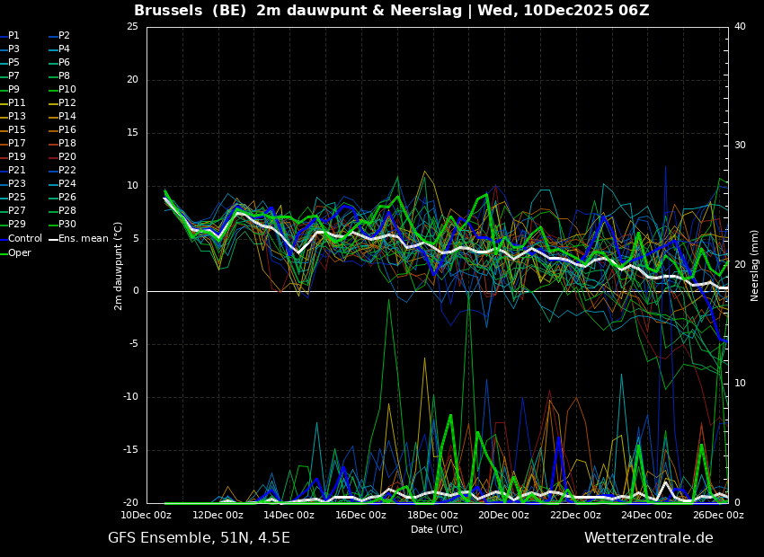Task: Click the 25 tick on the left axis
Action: coord(132,27)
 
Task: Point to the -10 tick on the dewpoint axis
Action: coord(130,397)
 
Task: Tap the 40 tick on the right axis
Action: coord(740,27)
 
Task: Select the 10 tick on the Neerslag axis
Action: coord(740,384)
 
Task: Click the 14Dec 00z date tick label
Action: coord(290,515)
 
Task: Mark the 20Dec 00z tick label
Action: coord(504,515)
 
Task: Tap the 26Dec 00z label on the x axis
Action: coord(719,515)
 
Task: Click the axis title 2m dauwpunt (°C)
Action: coord(119,266)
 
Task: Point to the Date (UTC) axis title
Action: coord(437,529)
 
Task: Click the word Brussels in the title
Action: coord(168,10)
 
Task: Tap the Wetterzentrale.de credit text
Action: coord(649,538)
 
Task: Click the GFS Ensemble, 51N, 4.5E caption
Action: coord(199,538)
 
